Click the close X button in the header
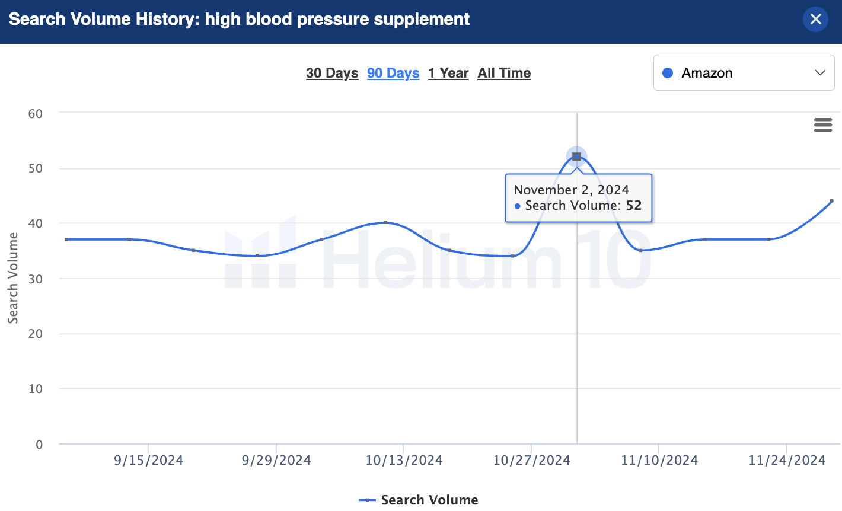[x=815, y=19]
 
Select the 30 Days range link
[x=332, y=73]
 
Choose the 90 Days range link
[x=393, y=73]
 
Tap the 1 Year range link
[x=448, y=73]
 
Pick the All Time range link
[x=504, y=73]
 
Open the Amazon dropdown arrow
[x=820, y=73]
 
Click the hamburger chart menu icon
[x=822, y=124]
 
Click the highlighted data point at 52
[x=576, y=157]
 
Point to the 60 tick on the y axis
[x=36, y=113]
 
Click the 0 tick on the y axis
[x=39, y=444]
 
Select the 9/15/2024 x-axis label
[x=148, y=460]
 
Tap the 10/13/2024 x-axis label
[x=404, y=460]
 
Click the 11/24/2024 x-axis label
[x=787, y=460]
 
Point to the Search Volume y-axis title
[x=12, y=278]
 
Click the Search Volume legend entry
[x=419, y=500]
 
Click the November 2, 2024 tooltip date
[x=571, y=190]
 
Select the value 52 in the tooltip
[x=634, y=206]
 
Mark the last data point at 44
[x=831, y=201]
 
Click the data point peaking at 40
[x=385, y=222]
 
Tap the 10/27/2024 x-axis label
[x=531, y=460]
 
